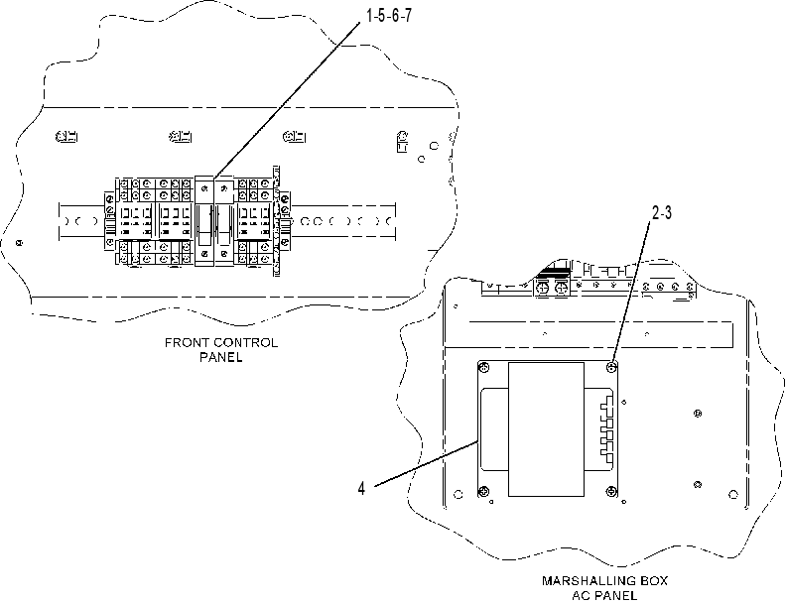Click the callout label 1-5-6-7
[x=388, y=16]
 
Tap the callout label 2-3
[x=661, y=213]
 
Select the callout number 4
[x=361, y=488]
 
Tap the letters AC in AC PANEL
[x=580, y=595]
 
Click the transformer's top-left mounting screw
[x=483, y=369]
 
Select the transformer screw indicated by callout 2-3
[x=611, y=368]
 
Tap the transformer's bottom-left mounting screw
[x=483, y=491]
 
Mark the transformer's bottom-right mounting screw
[x=611, y=491]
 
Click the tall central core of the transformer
[x=546, y=429]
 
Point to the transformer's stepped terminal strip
[x=607, y=429]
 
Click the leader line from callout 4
[x=426, y=463]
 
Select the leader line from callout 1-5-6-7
[x=287, y=99]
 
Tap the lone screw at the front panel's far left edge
[x=19, y=243]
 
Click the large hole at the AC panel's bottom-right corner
[x=732, y=495]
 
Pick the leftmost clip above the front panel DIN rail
[x=66, y=136]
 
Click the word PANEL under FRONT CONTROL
[x=221, y=357]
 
